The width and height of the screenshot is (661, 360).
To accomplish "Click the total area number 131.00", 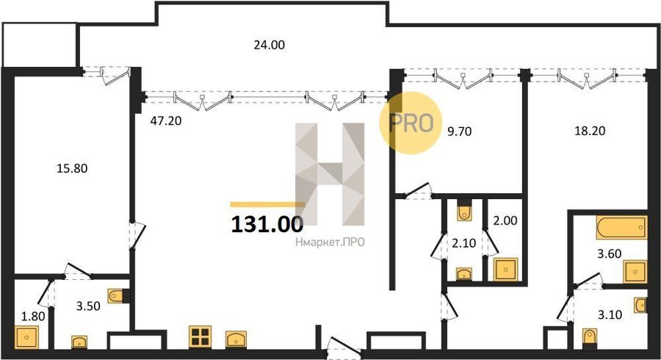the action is pos(267,224).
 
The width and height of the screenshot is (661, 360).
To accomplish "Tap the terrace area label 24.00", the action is pos(269,45).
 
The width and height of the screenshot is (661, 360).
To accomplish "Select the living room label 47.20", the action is pos(166,121).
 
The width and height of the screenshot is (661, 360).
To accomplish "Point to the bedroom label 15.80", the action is pos(72,168).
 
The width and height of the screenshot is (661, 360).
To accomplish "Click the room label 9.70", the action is pos(459,132).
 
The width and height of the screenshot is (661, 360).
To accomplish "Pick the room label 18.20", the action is pos(590,131).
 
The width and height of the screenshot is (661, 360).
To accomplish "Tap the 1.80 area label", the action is pos(33,316).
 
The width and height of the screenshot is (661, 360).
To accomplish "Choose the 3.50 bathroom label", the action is pos(88,306).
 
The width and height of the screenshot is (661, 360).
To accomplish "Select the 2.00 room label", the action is pos(505,220).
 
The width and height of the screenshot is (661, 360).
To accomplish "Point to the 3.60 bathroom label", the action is pos(609,253).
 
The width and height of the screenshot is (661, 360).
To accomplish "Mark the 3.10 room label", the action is pos(610,314).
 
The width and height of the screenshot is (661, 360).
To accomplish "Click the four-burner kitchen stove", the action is pos(200,336).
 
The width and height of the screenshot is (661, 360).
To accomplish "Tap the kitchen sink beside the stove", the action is pos(236,339).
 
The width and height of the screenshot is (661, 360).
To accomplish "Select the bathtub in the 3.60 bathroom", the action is pos(621,228).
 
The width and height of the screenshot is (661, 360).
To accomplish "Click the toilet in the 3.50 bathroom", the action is pos(116,296).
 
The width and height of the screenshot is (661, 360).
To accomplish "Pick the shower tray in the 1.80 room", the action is pos(26,337).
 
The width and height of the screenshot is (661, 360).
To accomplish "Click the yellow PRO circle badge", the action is pos(411,123).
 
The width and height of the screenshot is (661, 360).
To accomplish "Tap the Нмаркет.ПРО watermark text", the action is pos(330,242).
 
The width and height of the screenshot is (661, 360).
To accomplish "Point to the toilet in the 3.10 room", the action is pos(590,338).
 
